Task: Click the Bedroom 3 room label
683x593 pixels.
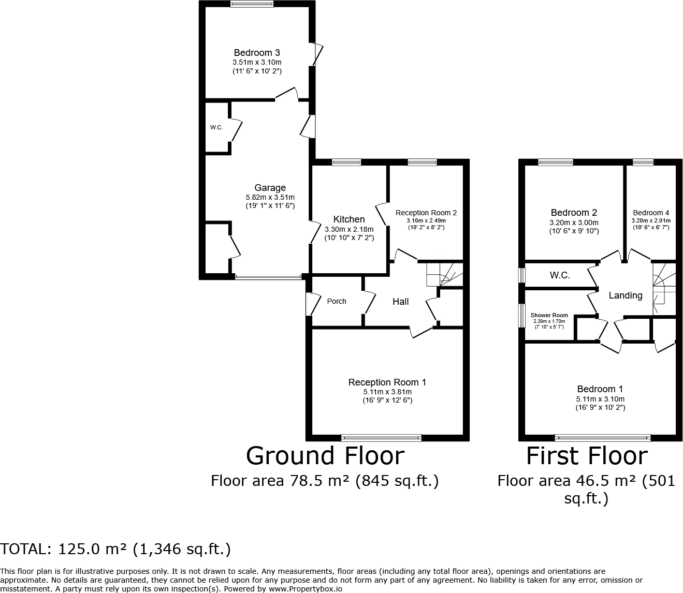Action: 257,53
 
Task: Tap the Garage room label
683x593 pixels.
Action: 270,188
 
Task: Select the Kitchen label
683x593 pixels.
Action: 348,219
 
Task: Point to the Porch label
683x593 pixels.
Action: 337,301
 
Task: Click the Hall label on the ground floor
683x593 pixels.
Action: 400,302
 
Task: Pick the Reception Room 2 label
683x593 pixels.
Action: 426,213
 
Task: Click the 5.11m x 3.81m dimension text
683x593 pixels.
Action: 387,392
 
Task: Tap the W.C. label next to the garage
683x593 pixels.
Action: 216,127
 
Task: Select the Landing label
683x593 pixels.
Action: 625,295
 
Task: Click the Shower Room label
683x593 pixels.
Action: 549,315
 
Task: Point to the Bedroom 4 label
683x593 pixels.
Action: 650,213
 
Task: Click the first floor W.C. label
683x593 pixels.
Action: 560,275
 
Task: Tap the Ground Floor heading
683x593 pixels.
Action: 325,456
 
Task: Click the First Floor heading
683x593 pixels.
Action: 587,456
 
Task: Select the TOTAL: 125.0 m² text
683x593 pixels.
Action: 115,549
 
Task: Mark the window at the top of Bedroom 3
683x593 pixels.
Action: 252,4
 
